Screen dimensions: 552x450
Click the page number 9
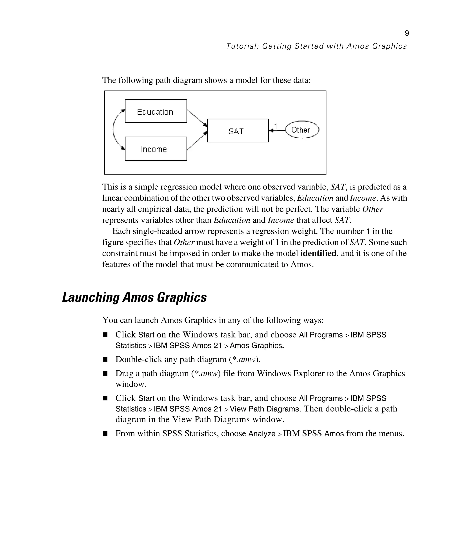pos(407,33)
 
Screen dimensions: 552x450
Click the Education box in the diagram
pos(156,111)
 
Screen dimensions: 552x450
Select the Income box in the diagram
pos(156,149)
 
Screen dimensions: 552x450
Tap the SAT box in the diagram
pos(238,131)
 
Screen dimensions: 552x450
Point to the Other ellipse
pos(302,130)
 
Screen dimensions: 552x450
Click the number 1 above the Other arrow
pos(276,126)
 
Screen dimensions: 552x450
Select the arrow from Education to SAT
pos(197,118)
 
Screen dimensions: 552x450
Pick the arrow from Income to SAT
pos(197,141)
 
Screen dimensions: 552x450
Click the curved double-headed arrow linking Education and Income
pos(114,130)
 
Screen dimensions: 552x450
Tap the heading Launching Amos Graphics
pos(134,297)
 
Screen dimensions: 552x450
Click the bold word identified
pos(318,253)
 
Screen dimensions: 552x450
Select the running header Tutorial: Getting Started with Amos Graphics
pos(316,46)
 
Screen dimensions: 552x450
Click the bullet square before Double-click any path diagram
pos(105,359)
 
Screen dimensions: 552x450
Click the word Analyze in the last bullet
pos(262,434)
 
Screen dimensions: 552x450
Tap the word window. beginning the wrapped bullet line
pos(131,384)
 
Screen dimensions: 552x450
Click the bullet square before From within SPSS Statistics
pos(105,434)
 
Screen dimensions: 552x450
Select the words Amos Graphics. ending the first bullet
pos(257,346)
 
